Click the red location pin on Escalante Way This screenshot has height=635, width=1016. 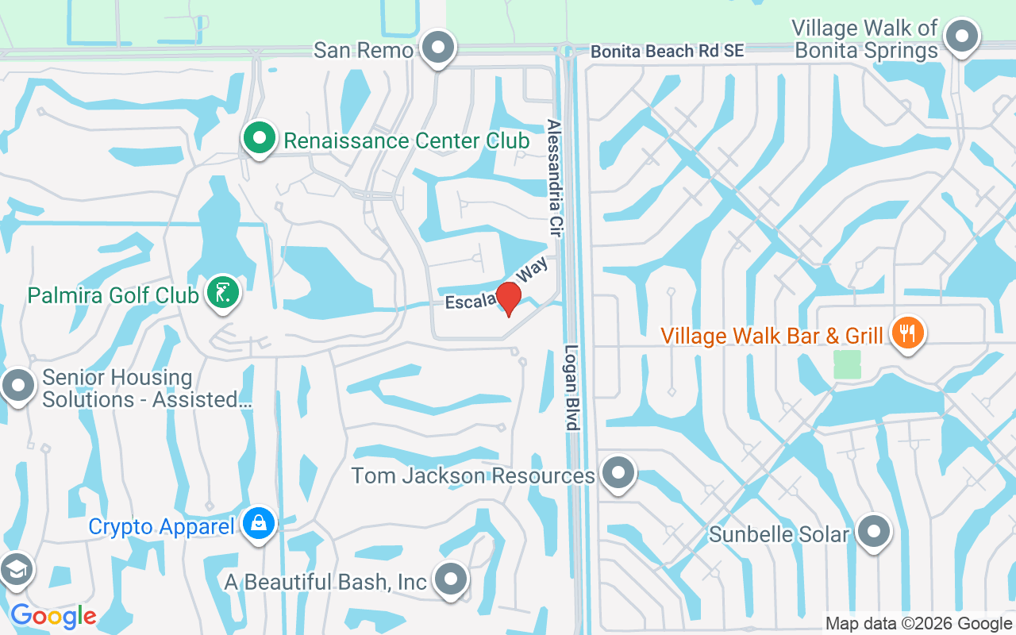tap(508, 298)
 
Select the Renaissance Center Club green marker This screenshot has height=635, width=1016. tap(259, 138)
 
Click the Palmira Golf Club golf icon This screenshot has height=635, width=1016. tap(223, 293)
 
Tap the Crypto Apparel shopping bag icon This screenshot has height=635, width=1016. tap(259, 524)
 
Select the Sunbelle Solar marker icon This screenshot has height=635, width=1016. tap(874, 531)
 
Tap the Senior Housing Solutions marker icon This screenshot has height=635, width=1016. tap(17, 387)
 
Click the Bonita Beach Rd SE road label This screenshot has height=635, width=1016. tap(667, 51)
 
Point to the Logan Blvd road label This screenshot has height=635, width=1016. tap(571, 387)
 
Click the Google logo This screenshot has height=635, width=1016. tap(53, 616)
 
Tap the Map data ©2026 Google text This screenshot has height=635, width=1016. tap(918, 624)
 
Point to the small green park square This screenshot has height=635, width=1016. tap(847, 364)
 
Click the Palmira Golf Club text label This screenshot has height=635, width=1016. tap(113, 295)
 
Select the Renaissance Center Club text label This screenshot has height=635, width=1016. tap(406, 140)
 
